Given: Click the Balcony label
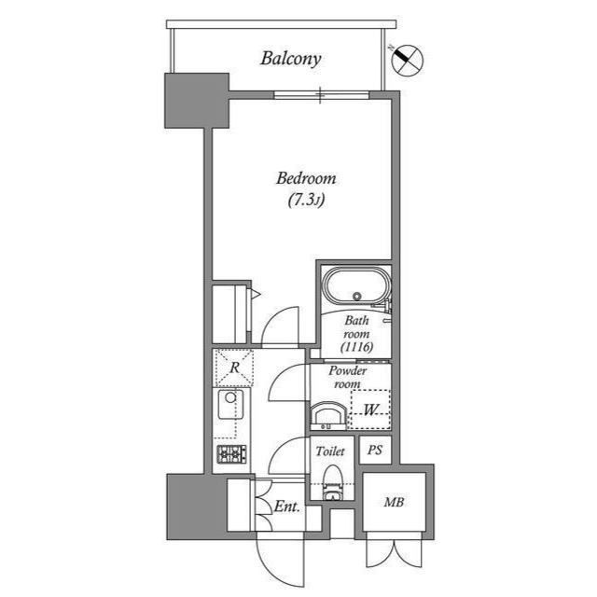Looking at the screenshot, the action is [x=291, y=59].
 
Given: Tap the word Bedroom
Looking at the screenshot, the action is [x=306, y=178].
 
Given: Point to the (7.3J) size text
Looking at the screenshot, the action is [x=306, y=200].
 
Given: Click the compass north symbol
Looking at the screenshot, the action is [x=408, y=60].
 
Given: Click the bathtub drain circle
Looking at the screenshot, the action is [x=357, y=296].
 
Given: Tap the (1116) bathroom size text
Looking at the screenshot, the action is [x=356, y=347].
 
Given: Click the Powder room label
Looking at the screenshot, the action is [x=348, y=377].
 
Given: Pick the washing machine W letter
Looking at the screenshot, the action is [x=370, y=410].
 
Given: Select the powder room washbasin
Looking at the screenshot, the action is [x=327, y=416].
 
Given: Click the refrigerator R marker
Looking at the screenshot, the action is [x=234, y=368].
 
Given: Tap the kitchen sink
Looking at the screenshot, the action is [x=230, y=404].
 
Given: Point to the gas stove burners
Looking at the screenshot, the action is [x=231, y=454].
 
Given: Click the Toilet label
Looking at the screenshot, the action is [x=330, y=451].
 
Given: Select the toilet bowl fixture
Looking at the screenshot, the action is [x=333, y=482].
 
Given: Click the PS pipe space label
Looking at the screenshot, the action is [x=375, y=451].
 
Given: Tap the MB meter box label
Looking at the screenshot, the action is [x=394, y=502].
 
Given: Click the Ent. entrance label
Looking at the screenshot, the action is [x=287, y=507].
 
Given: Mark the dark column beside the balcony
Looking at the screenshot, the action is [x=197, y=101].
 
